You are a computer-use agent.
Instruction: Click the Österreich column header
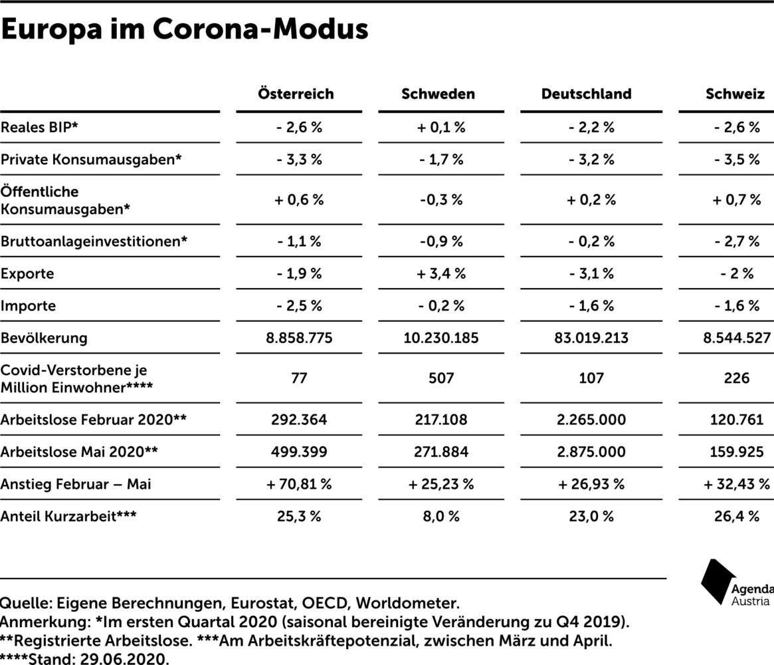tap(296, 94)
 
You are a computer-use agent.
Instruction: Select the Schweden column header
tap(438, 94)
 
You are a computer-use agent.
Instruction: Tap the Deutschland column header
tap(587, 94)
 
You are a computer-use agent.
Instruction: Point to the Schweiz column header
tap(735, 94)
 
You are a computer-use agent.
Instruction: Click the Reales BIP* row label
tap(39, 128)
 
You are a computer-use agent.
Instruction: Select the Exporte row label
tap(27, 274)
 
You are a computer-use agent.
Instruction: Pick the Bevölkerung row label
tap(44, 338)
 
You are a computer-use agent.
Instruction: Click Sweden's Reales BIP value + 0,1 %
tap(440, 128)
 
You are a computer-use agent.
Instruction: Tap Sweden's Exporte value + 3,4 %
tap(440, 274)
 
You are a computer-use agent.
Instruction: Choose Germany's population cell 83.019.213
tap(591, 338)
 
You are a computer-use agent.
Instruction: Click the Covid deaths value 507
tap(440, 378)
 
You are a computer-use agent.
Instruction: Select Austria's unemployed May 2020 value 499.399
tap(299, 452)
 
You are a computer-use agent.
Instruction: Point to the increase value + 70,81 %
tap(299, 484)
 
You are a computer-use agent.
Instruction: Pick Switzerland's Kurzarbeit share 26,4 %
tap(737, 516)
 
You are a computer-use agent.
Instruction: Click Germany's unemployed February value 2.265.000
tap(591, 420)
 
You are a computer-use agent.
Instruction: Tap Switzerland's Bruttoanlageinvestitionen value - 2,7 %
tap(737, 241)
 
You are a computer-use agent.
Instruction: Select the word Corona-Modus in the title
tap(260, 29)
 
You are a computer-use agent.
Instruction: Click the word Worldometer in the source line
tap(407, 603)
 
